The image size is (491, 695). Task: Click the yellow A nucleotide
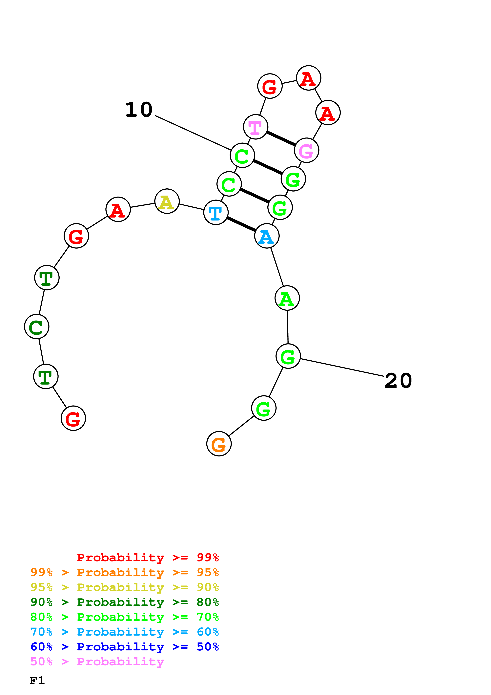click(167, 201)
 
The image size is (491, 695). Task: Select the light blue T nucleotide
click(216, 213)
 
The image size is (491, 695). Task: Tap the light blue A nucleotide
click(267, 236)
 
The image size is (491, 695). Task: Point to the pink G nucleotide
click(306, 150)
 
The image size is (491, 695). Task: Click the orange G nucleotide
click(219, 444)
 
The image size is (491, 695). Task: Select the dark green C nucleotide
click(37, 327)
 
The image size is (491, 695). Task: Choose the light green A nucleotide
click(287, 298)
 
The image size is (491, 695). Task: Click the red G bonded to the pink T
click(270, 86)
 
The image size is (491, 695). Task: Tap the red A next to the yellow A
click(118, 209)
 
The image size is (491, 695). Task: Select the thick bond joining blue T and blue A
click(241, 224)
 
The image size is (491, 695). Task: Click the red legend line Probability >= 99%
click(148, 558)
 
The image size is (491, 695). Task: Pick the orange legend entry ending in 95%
click(125, 572)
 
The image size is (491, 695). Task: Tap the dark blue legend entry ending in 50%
click(125, 647)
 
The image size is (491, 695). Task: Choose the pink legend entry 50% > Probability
click(97, 662)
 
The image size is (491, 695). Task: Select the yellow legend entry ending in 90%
click(125, 587)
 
